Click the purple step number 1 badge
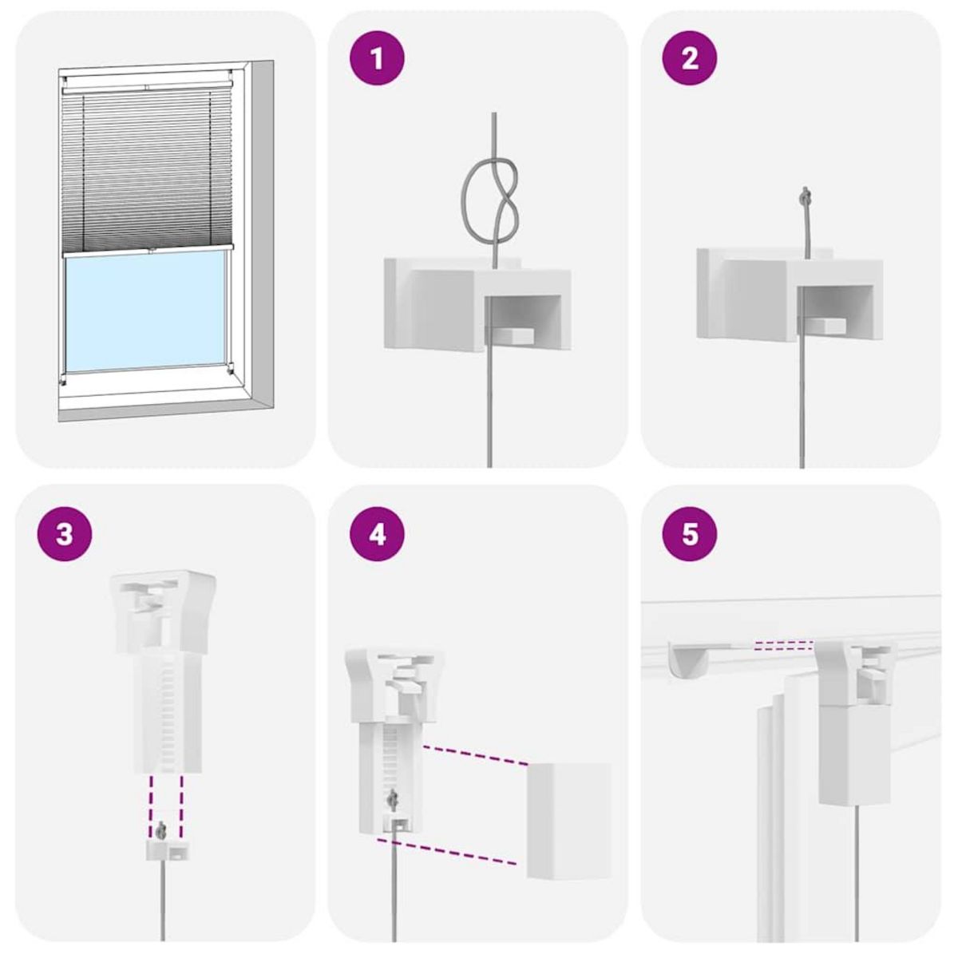click(377, 58)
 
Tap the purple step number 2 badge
click(690, 58)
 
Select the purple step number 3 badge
click(65, 533)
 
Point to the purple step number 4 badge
click(377, 533)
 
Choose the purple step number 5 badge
click(690, 533)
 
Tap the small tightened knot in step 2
click(806, 195)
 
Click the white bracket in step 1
click(477, 304)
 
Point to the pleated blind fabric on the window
click(145, 168)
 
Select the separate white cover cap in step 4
click(568, 821)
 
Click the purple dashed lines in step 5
click(782, 645)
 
